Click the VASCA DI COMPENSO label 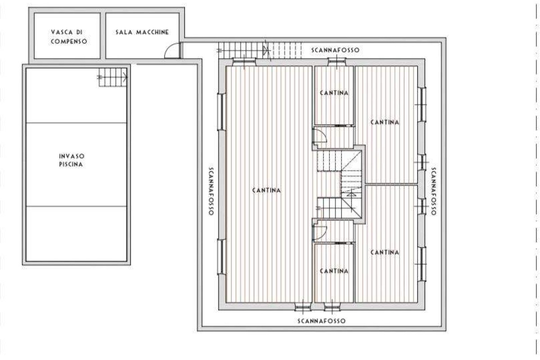[x=69, y=36]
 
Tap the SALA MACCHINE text [x=142, y=32]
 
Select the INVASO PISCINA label [x=72, y=160]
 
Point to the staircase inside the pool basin [x=113, y=77]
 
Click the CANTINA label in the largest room [x=266, y=190]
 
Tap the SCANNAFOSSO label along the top [x=335, y=50]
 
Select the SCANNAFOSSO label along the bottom [x=321, y=321]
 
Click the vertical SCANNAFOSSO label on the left [x=211, y=191]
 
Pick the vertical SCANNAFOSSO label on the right [x=433, y=191]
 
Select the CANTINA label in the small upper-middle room [x=334, y=93]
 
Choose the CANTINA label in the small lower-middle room [x=334, y=271]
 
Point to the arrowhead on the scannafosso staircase [x=265, y=50]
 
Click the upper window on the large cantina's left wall [x=221, y=112]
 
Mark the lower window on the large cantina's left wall [x=221, y=256]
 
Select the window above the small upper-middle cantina [x=337, y=62]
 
